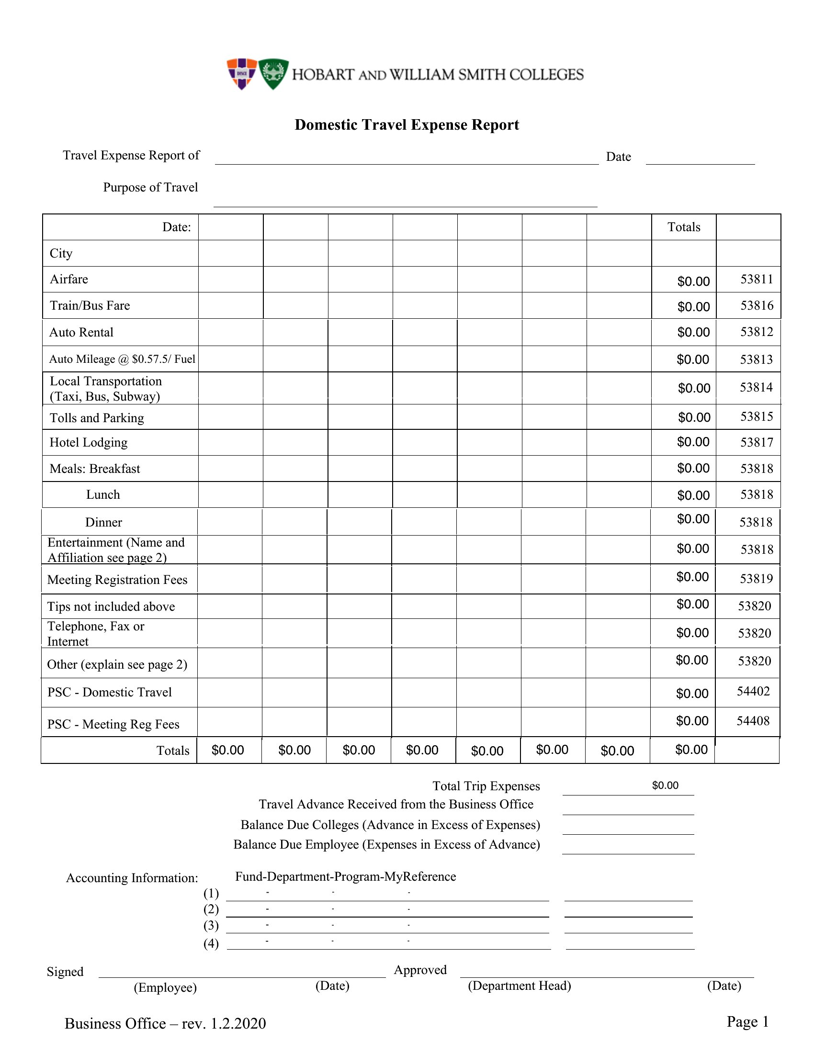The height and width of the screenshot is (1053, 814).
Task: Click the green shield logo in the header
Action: click(x=273, y=74)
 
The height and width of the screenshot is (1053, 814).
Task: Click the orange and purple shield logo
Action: click(x=242, y=74)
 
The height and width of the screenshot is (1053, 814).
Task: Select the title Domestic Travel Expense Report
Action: click(x=407, y=125)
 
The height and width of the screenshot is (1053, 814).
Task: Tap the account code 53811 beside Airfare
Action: click(x=757, y=279)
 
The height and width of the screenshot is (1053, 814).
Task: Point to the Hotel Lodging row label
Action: click(x=89, y=443)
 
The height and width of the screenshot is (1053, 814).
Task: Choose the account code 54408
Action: click(x=753, y=721)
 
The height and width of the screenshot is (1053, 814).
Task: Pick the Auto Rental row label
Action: click(x=81, y=332)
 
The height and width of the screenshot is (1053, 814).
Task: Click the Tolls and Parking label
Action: click(x=97, y=418)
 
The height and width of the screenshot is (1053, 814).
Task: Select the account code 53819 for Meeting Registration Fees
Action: click(x=756, y=579)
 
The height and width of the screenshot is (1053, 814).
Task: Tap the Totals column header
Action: click(x=683, y=227)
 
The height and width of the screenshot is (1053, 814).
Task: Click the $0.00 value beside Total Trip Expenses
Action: click(x=665, y=785)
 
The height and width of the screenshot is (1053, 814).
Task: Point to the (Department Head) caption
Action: click(x=520, y=986)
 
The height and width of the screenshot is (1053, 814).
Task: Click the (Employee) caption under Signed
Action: click(x=165, y=987)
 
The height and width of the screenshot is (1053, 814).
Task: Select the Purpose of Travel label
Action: click(x=150, y=187)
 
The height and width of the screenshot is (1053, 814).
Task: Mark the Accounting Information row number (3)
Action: click(x=211, y=925)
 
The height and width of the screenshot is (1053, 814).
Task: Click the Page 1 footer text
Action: click(x=747, y=1021)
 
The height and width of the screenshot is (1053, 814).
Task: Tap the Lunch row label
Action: click(x=103, y=495)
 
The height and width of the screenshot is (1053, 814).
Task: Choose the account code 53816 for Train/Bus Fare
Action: click(x=757, y=306)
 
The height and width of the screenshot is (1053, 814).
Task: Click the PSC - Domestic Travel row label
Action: click(x=110, y=693)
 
